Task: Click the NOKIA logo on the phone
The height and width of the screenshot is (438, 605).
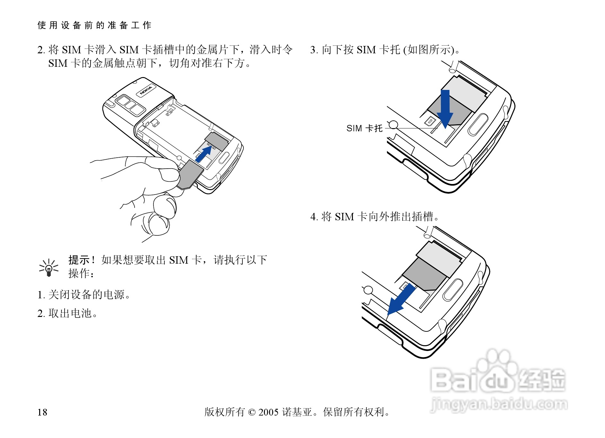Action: coord(146,90)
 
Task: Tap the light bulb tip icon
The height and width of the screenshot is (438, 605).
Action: coord(49,268)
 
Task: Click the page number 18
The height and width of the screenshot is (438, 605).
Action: coord(42,412)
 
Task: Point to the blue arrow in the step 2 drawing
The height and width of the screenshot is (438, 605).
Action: coord(204,154)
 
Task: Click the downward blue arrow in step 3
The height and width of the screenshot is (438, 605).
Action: coord(445,109)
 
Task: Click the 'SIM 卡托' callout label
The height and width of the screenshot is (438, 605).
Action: coord(364,128)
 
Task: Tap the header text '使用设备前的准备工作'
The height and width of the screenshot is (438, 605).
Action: coord(94,25)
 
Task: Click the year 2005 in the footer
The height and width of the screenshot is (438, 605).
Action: coord(268,412)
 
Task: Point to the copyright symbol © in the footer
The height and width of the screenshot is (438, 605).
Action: coord(252,412)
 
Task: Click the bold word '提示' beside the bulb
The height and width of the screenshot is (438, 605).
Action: coord(79,260)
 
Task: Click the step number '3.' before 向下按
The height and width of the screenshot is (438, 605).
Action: coord(314,50)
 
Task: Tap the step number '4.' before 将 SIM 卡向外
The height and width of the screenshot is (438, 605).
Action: coord(314,217)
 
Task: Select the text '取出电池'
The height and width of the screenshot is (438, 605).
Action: coord(70,313)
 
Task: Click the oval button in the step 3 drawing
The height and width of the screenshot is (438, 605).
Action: coord(478,124)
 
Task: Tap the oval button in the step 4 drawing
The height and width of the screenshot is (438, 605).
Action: coord(453,290)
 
